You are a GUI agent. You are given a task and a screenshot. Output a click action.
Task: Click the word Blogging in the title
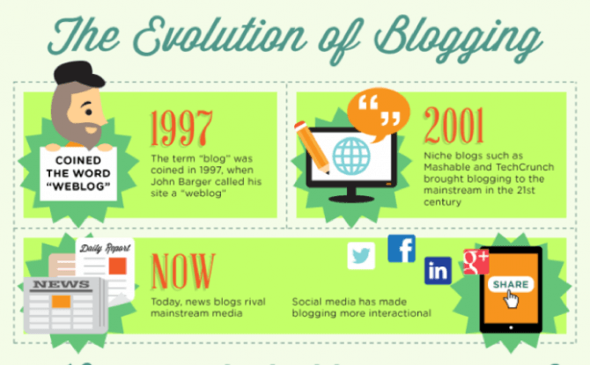[x=458, y=39]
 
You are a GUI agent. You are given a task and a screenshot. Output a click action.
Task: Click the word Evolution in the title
[x=219, y=36]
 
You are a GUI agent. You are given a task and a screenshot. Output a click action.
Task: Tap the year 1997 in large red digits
[x=181, y=128]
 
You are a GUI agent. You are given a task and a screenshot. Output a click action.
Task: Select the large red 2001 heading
[x=454, y=125]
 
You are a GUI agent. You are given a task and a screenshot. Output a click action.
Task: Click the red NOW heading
[x=183, y=272]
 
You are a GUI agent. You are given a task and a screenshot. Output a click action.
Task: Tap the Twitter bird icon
[x=361, y=256]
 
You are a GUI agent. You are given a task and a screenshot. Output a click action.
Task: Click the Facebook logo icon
[x=402, y=249]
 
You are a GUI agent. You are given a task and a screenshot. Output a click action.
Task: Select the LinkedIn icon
[x=438, y=271]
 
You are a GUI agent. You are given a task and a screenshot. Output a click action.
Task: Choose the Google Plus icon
[x=476, y=261]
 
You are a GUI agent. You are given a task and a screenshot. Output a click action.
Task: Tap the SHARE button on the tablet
[x=511, y=285]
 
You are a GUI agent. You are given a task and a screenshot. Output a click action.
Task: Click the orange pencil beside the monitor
[x=312, y=147]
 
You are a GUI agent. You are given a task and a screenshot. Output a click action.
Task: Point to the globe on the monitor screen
[x=351, y=157]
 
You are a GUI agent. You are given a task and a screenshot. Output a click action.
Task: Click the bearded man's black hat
[x=79, y=73]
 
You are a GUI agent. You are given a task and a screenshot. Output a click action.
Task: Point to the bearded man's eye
[x=89, y=112]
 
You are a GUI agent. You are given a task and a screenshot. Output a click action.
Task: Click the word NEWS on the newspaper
[x=62, y=284]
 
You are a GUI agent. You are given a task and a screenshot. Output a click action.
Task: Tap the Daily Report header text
[x=105, y=248]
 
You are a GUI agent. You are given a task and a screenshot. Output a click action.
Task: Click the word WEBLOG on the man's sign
[x=78, y=186]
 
